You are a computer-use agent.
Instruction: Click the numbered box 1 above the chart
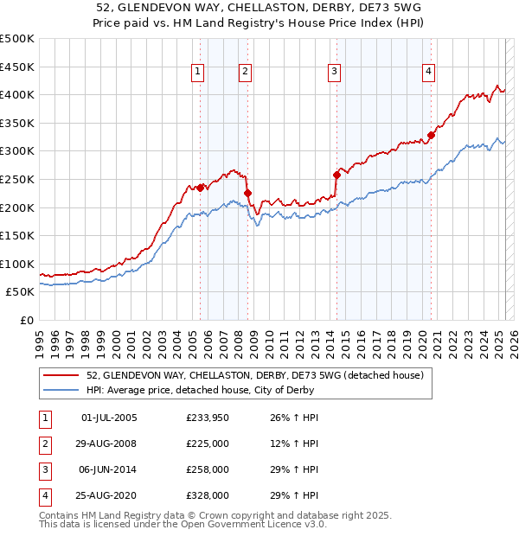199,72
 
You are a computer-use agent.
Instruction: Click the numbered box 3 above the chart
334,72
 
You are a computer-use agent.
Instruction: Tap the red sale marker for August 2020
431,135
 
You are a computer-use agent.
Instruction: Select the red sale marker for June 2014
336,175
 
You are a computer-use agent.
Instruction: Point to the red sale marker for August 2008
247,193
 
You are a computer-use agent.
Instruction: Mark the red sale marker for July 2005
200,188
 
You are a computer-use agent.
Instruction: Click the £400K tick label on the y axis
17,94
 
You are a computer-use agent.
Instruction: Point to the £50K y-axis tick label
21,292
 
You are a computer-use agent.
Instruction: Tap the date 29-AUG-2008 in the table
107,444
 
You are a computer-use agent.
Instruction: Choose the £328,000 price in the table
208,495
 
